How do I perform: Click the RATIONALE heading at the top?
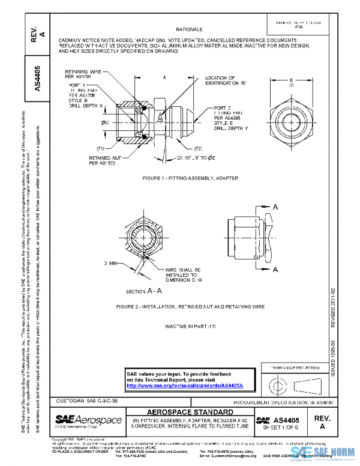tap(189, 29)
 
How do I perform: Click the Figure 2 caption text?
tap(190, 306)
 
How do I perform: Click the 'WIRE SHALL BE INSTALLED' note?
tap(185, 275)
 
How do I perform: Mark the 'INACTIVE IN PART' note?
tap(190, 326)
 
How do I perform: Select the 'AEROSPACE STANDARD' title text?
tap(190, 413)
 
